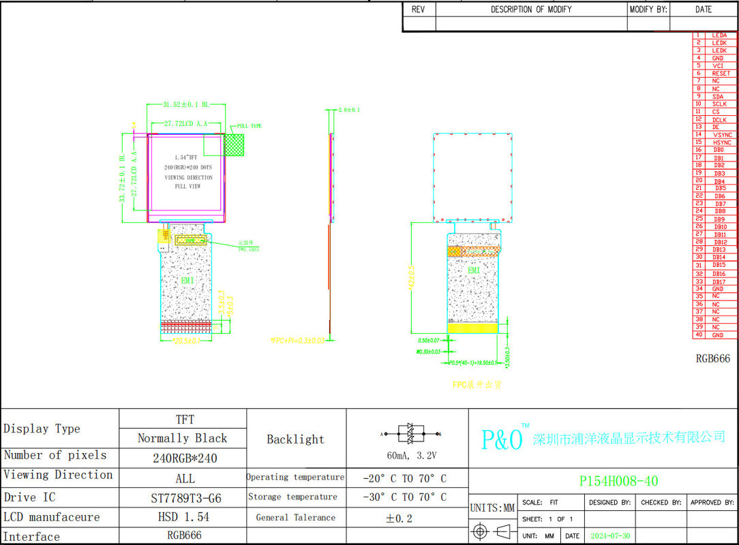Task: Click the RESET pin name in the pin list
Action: (x=721, y=74)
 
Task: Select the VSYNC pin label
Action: (x=722, y=135)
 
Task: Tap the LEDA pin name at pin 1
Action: (x=719, y=35)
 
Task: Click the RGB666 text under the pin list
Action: (x=712, y=358)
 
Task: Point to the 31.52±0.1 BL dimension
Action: (x=185, y=105)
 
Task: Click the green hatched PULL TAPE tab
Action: (x=234, y=144)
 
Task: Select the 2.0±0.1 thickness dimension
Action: (x=348, y=110)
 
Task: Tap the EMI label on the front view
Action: (x=187, y=280)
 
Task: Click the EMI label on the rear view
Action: (x=473, y=270)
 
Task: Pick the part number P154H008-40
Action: (x=618, y=481)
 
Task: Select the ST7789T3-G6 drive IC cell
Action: (x=185, y=498)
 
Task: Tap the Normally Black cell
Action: (x=182, y=438)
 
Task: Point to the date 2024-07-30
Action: (x=610, y=536)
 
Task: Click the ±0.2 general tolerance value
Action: (x=399, y=518)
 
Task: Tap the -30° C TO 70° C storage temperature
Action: (x=405, y=497)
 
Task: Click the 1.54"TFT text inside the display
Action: (x=186, y=157)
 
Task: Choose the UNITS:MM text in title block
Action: (x=492, y=508)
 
